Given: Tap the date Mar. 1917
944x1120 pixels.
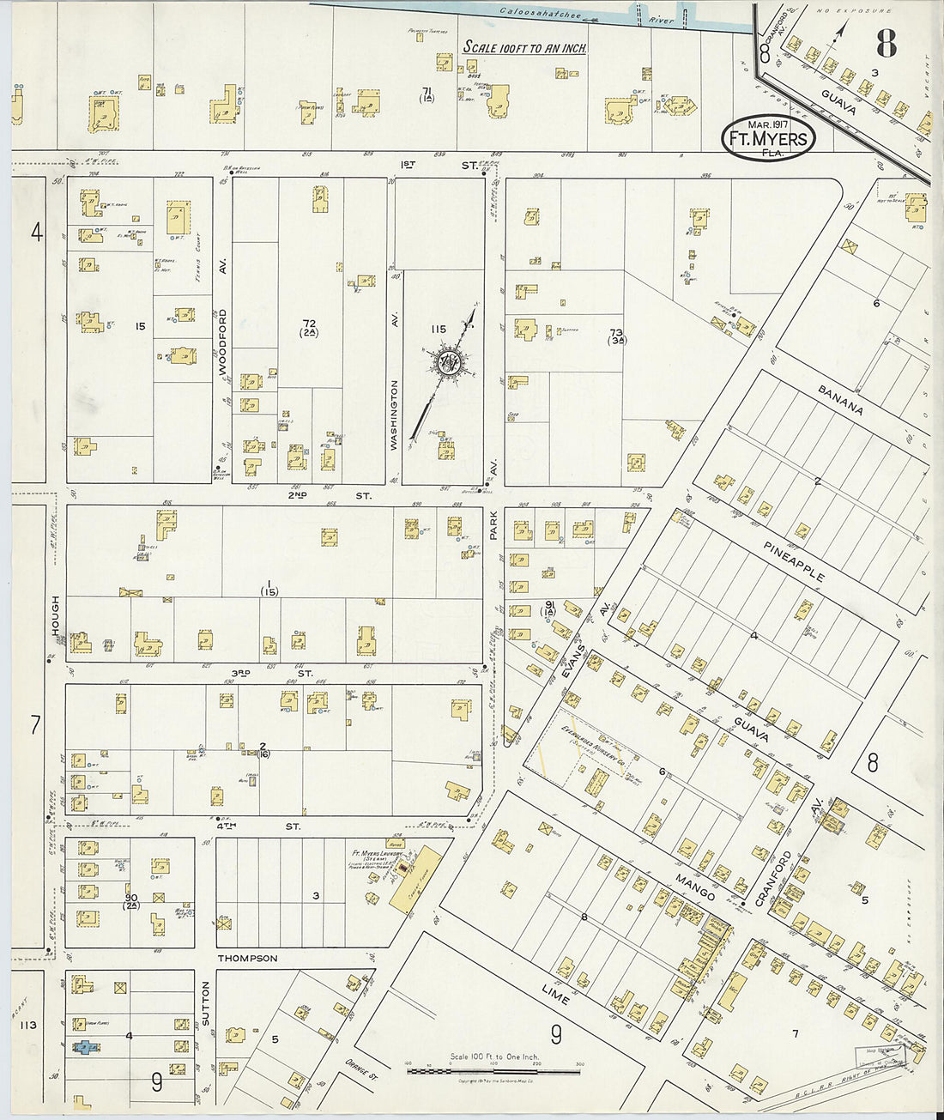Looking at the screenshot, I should (767, 124).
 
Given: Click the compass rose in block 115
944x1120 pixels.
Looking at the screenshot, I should (446, 363).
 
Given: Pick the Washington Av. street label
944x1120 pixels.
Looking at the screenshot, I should (395, 415).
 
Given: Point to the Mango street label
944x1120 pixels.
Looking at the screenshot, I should (695, 885).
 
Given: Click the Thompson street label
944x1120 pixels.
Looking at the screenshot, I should (247, 958).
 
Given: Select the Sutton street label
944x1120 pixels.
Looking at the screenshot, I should (205, 1003).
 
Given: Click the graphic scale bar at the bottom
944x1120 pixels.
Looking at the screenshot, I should (493, 1071).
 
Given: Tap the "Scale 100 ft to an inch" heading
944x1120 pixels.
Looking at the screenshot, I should (524, 48).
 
